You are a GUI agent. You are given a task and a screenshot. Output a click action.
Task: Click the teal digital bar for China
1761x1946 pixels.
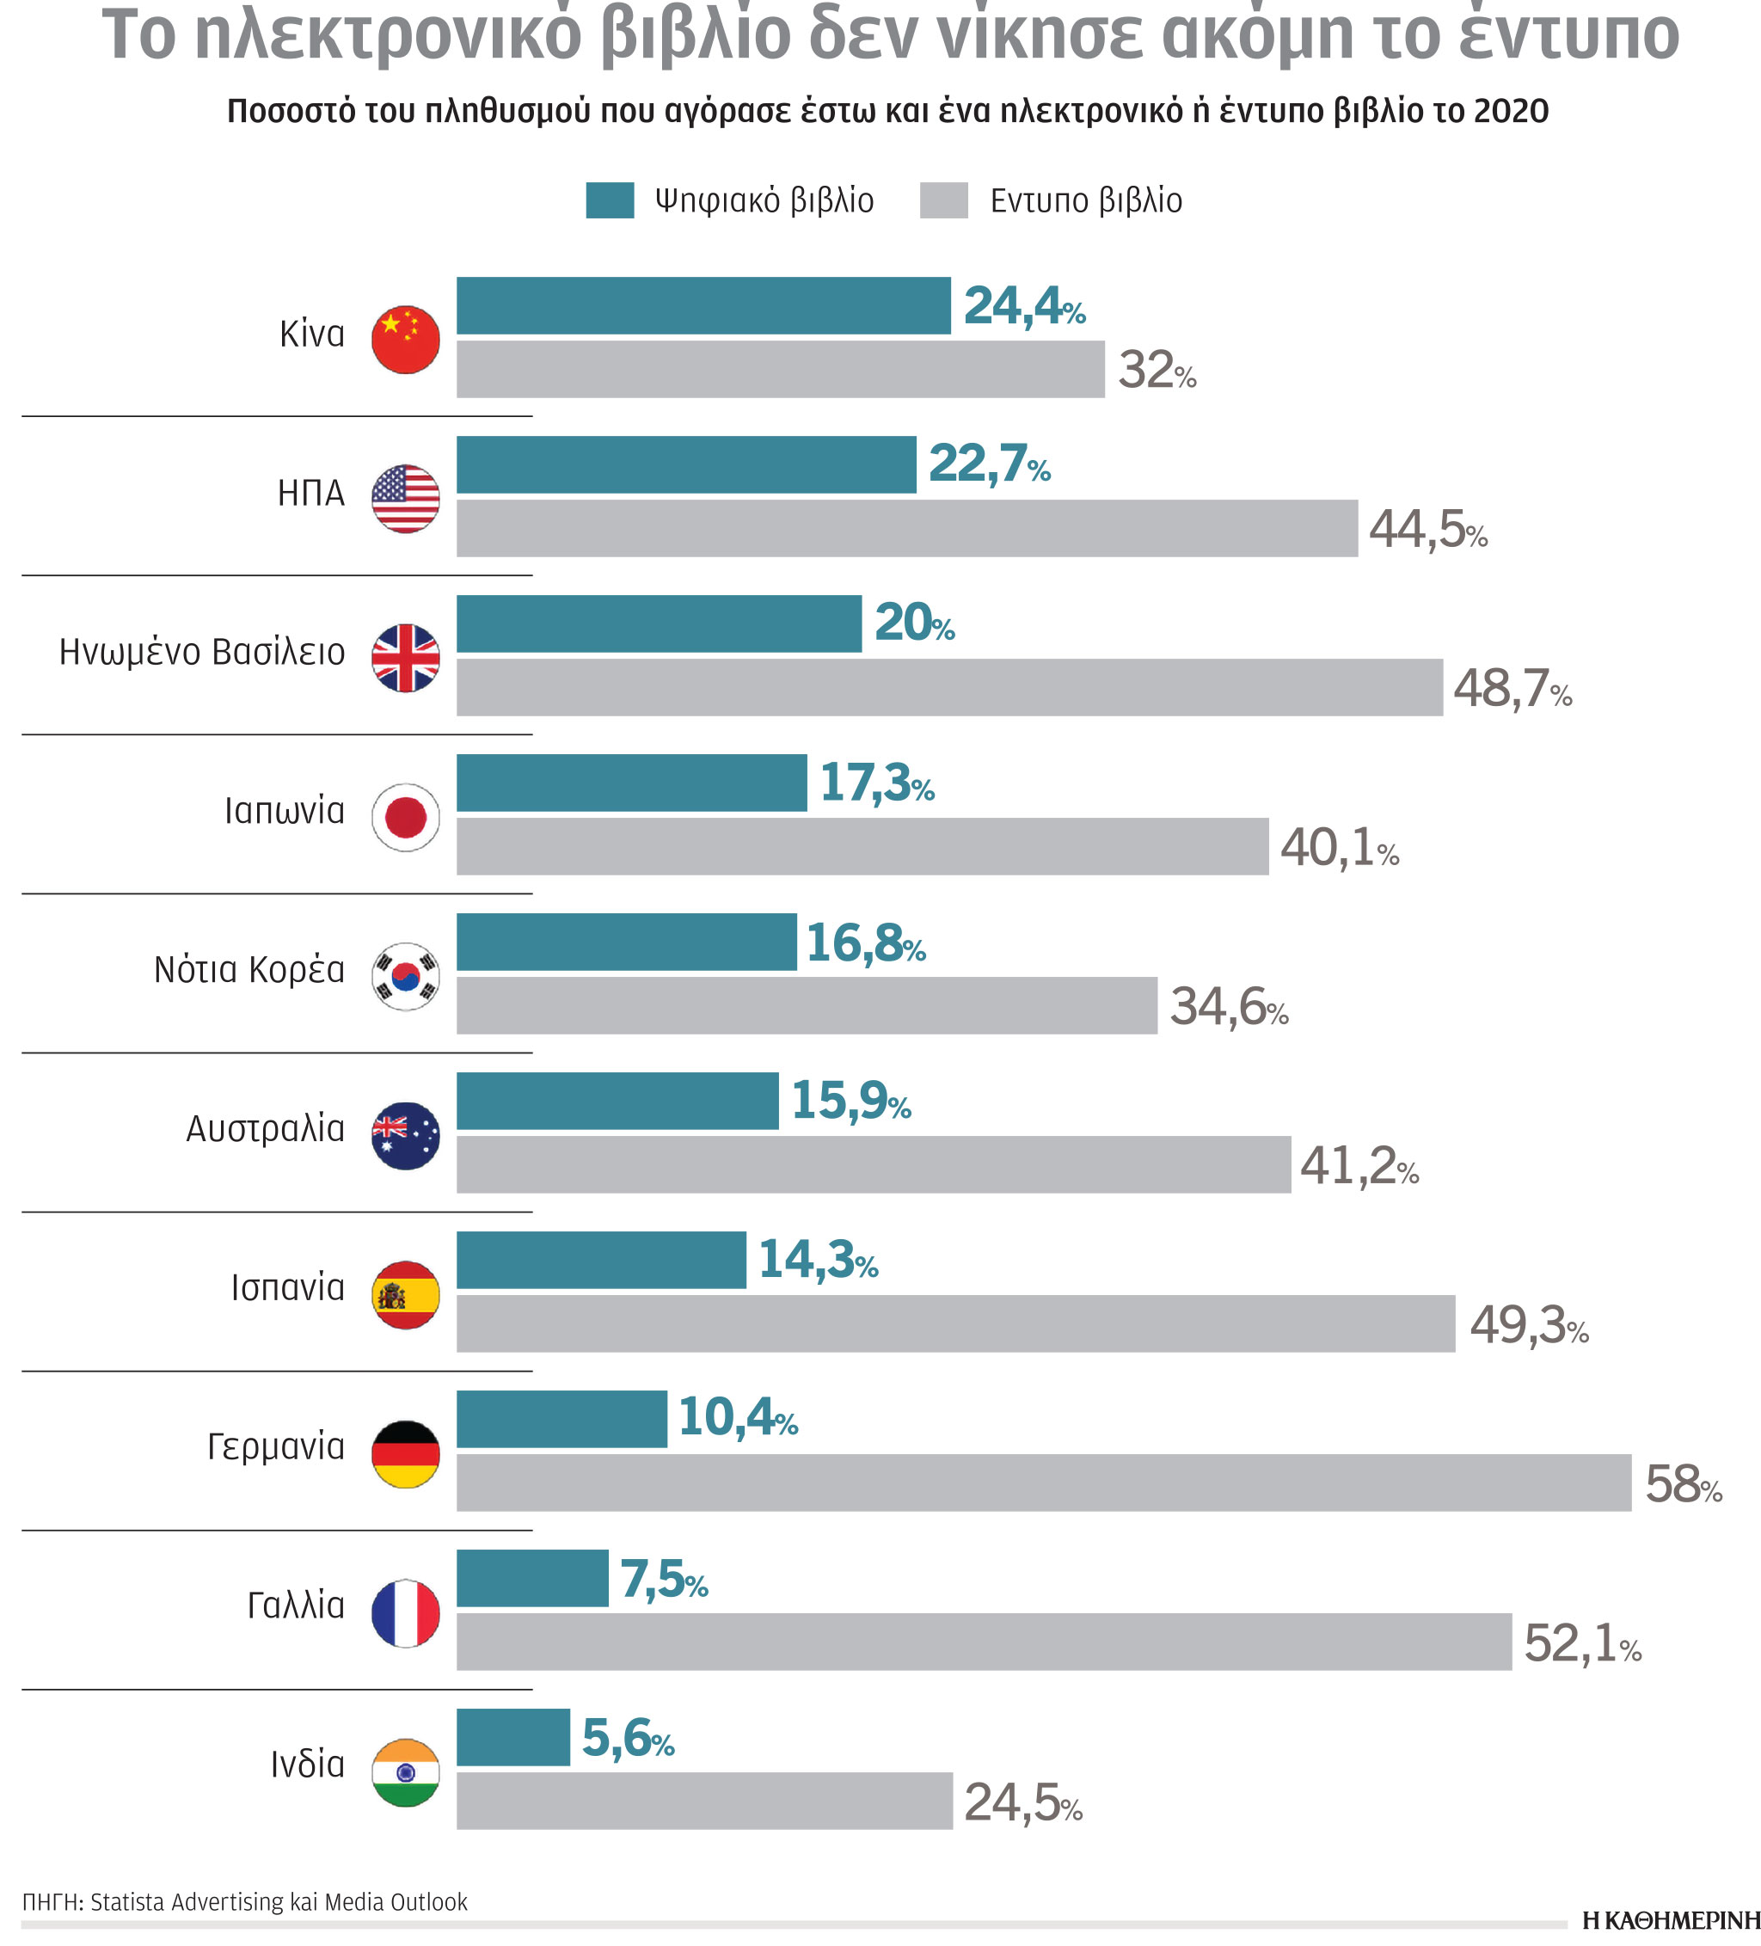(703, 306)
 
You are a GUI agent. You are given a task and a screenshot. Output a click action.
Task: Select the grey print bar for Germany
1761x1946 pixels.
(1043, 1483)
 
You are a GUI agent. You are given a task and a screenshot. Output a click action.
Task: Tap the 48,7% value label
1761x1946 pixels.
(1512, 689)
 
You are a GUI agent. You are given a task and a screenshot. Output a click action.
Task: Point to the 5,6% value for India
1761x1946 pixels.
(628, 1740)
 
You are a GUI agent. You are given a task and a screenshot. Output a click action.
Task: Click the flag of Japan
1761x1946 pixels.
(406, 818)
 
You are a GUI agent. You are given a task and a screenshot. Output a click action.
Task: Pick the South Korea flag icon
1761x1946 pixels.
(406, 977)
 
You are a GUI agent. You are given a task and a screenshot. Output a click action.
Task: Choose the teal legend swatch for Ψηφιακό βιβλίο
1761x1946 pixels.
(609, 200)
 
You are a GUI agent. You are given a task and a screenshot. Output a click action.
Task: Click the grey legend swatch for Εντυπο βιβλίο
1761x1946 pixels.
(943, 200)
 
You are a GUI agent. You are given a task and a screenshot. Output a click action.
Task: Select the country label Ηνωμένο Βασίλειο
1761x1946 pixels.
(202, 653)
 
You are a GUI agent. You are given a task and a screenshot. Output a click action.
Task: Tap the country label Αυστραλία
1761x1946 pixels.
(266, 1128)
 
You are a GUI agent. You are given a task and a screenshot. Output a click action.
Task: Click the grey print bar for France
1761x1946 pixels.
(983, 1642)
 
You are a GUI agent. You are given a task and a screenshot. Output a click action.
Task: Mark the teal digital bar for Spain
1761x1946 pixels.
(600, 1260)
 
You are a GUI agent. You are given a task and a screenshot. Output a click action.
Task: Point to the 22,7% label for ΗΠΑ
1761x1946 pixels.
(989, 464)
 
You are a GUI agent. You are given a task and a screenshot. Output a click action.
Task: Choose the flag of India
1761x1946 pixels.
(406, 1772)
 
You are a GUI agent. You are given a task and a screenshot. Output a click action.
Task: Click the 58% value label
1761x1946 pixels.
(1683, 1484)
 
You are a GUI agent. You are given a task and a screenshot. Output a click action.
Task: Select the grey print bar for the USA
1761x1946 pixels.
(906, 528)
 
